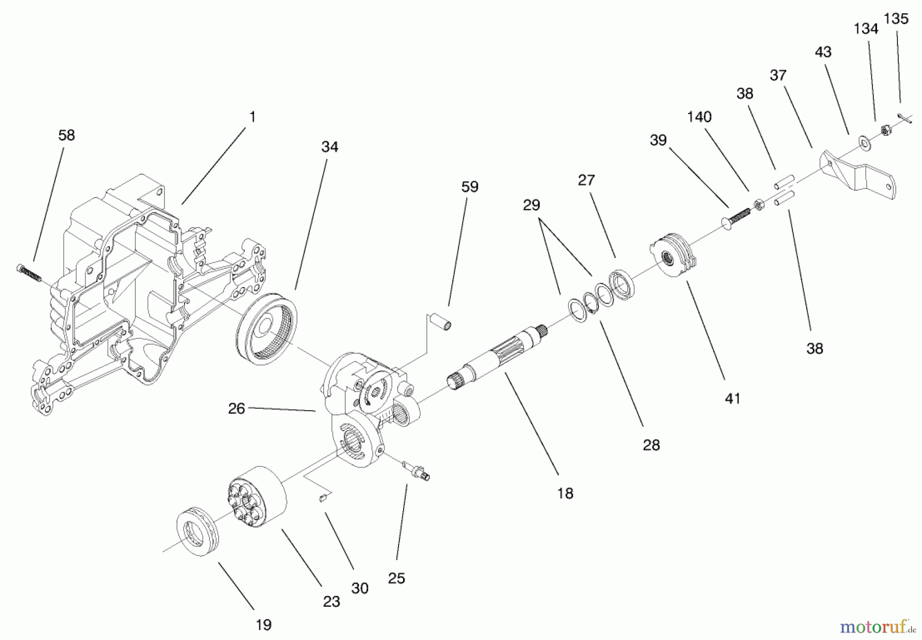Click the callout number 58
[67, 135]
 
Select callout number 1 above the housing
[252, 117]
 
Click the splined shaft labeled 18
[499, 358]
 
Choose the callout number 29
[531, 205]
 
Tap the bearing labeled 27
[621, 284]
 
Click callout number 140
[699, 117]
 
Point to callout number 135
[896, 19]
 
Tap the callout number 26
[236, 409]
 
